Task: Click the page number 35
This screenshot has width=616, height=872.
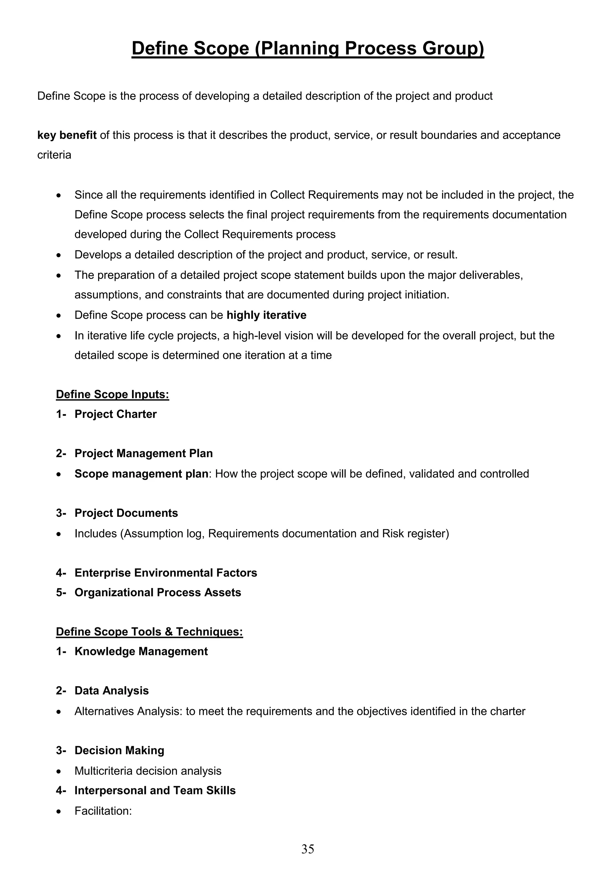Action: [308, 849]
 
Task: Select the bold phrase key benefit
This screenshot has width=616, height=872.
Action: [67, 135]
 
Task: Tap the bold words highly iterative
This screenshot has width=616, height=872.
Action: [266, 315]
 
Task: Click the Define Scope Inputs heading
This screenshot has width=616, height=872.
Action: [112, 394]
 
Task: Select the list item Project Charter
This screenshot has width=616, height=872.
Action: [115, 414]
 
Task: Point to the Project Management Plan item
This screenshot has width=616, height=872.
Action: [143, 454]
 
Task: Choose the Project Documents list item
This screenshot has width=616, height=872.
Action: [126, 513]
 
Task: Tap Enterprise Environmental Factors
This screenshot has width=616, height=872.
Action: [165, 573]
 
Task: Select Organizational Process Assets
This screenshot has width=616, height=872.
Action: [158, 592]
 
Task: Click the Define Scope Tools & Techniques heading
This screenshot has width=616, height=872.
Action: [149, 632]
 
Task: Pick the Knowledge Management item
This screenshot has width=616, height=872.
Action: [141, 651]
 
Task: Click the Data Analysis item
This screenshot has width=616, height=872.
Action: [112, 690]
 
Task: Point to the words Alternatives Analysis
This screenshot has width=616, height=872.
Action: [129, 711]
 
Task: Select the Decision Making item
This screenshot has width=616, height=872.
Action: [119, 750]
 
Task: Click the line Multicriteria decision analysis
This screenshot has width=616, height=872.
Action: [148, 771]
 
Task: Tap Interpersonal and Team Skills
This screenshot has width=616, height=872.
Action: [155, 790]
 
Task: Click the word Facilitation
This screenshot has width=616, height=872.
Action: [103, 811]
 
